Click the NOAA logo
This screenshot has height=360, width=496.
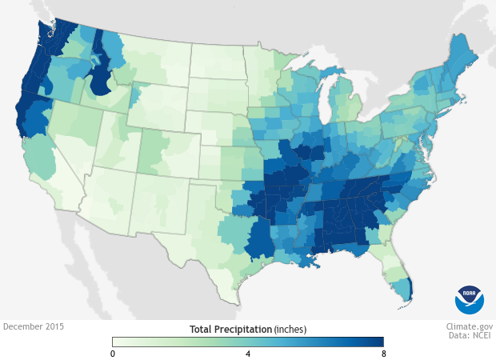click(470, 298)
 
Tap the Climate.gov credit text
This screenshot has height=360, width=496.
click(470, 327)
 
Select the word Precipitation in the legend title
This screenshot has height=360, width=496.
click(246, 329)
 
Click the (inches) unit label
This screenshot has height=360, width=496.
click(290, 329)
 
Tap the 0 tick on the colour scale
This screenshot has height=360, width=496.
click(113, 354)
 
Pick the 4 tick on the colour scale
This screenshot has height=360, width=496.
click(248, 354)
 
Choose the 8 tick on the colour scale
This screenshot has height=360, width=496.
click(383, 354)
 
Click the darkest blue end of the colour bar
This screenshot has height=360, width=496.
click(379, 342)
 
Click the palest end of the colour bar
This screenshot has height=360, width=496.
click(117, 342)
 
